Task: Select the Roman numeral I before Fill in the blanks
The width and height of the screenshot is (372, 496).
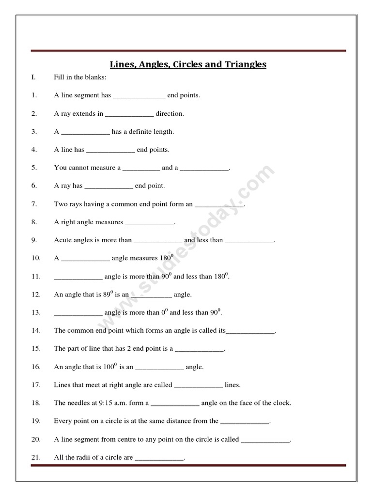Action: (33, 77)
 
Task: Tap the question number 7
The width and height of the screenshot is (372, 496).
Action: (34, 204)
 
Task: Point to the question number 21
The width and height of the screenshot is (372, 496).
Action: (36, 457)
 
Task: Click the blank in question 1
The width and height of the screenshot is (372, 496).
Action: (139, 95)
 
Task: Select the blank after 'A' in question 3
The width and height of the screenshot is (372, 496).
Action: (86, 132)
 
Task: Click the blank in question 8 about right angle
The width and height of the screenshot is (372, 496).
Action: (149, 222)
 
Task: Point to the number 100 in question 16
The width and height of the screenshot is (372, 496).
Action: (108, 367)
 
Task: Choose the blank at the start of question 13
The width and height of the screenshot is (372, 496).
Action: (78, 312)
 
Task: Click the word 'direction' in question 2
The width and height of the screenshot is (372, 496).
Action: (170, 114)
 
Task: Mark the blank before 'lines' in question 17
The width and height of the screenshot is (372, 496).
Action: (198, 385)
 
